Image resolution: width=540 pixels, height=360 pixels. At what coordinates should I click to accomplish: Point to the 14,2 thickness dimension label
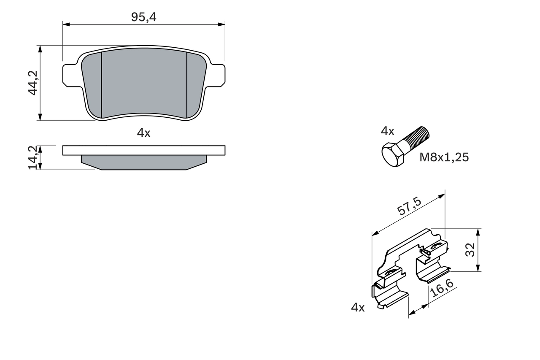[x=33, y=157]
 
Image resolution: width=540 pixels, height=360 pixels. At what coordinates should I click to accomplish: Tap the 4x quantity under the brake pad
[x=143, y=133]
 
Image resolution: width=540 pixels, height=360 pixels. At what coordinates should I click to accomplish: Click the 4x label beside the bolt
[x=387, y=131]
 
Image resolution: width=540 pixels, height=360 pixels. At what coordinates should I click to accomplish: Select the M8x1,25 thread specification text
[x=444, y=157]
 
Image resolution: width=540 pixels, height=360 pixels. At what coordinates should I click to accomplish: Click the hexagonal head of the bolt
[x=393, y=155]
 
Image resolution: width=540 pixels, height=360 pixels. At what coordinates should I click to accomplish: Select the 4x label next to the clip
[x=358, y=307]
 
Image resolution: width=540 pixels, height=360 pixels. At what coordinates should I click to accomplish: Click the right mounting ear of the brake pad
[x=216, y=75]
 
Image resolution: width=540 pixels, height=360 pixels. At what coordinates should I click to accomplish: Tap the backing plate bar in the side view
[x=144, y=150]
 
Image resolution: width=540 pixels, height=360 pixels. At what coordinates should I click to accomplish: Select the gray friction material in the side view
[x=144, y=162]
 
